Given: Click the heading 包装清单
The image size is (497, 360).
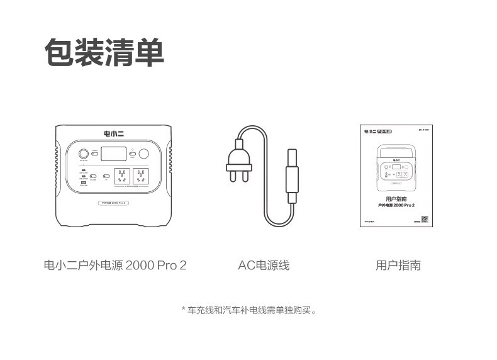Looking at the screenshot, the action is (104, 52).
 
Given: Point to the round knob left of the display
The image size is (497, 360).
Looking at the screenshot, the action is (83, 154).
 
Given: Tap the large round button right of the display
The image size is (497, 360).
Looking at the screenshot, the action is (144, 154).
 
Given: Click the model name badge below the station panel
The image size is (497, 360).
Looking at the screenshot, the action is (114, 203).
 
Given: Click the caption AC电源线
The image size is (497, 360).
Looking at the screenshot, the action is (264, 265).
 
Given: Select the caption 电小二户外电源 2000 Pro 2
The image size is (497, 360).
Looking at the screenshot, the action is (115, 265).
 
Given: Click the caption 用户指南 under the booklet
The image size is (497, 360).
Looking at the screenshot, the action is (398, 265).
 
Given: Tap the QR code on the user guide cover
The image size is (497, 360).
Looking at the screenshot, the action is (425, 219).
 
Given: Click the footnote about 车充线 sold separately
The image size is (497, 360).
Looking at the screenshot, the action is (248, 310).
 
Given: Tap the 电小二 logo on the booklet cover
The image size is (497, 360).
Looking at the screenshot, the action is (370, 133).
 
